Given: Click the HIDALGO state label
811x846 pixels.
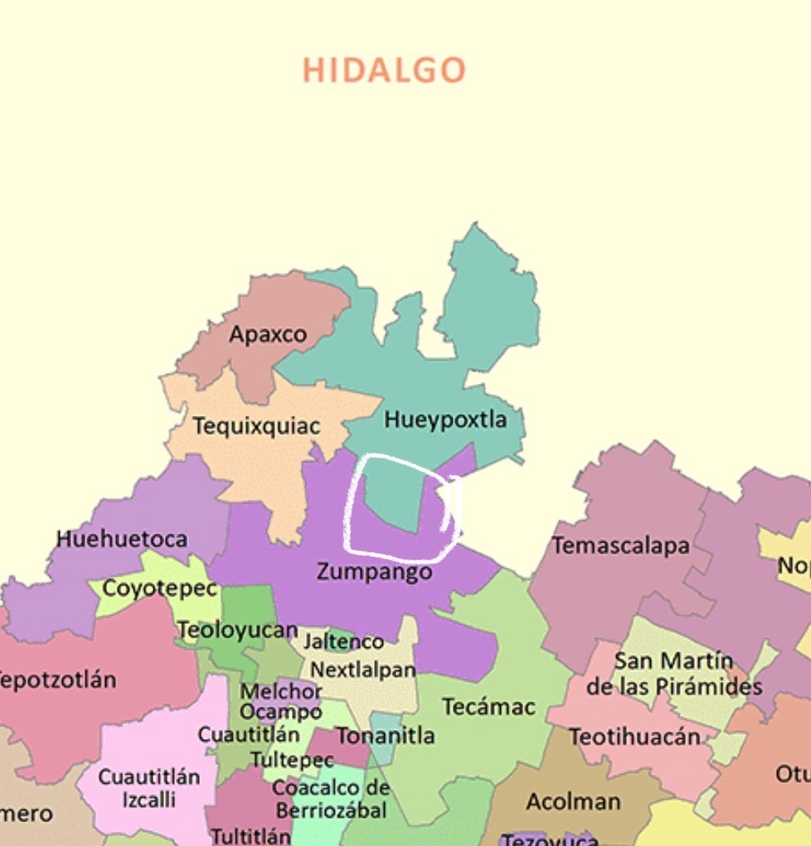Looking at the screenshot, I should (383, 70).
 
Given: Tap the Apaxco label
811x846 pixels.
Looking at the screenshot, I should (268, 335).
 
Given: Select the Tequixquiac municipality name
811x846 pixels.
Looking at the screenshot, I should (256, 426).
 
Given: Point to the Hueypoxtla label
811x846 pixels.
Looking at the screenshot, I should (445, 419).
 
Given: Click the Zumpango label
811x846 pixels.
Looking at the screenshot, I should (374, 572).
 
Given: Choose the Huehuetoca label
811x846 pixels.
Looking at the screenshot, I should (122, 539).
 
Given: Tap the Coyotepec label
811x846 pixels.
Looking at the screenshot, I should (159, 588).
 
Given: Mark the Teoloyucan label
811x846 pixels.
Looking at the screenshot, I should (237, 631).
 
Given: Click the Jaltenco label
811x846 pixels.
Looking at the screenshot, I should (343, 641).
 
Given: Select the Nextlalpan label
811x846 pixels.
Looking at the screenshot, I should (363, 670).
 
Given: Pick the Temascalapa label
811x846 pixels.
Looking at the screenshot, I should (621, 545).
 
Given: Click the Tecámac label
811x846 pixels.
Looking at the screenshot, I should (488, 707).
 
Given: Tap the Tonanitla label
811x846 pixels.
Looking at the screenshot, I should (385, 736).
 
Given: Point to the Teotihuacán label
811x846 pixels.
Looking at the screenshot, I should (634, 737).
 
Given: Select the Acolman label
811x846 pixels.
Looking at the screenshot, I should (573, 801).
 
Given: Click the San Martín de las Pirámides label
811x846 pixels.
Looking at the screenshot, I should (673, 674).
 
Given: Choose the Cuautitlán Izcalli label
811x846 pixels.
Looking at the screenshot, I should (149, 789).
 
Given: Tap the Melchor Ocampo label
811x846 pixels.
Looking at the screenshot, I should (281, 701).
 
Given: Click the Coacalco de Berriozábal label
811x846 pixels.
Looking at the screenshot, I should (331, 798).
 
